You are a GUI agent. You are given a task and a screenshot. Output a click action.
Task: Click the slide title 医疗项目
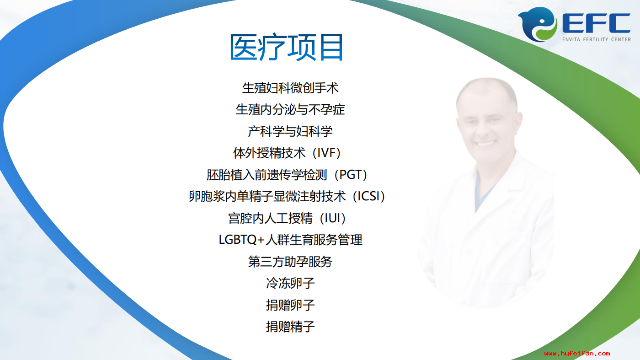[286, 48]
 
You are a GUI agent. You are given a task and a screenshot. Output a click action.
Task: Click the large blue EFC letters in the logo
[597, 23]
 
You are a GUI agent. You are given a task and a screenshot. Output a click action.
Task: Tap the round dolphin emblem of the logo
[537, 24]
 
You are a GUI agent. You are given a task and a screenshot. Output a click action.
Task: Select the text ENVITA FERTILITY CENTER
[597, 39]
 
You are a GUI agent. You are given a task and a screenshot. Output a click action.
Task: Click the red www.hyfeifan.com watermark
[577, 354]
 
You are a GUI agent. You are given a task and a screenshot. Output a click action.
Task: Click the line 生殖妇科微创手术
[290, 88]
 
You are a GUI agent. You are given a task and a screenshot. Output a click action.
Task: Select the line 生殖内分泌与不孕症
[290, 109]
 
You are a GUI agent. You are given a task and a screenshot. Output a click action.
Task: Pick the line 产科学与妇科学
[290, 131]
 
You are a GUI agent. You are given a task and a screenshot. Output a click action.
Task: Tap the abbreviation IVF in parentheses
[326, 153]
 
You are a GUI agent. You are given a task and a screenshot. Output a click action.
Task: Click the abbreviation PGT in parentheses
[351, 174]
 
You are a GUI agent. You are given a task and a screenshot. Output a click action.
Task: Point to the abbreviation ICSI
[369, 196]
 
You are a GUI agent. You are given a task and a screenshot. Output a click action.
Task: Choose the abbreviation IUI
[333, 218]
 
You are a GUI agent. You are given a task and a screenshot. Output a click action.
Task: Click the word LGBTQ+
[241, 240]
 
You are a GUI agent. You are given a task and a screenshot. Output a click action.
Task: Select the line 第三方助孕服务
[290, 262]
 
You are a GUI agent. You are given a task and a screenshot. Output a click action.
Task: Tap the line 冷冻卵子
[290, 283]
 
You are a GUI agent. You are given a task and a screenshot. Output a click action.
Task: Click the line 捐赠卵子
[290, 305]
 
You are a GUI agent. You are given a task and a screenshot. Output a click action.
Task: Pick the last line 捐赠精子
[290, 327]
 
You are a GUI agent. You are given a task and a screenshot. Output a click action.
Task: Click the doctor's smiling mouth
[485, 143]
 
